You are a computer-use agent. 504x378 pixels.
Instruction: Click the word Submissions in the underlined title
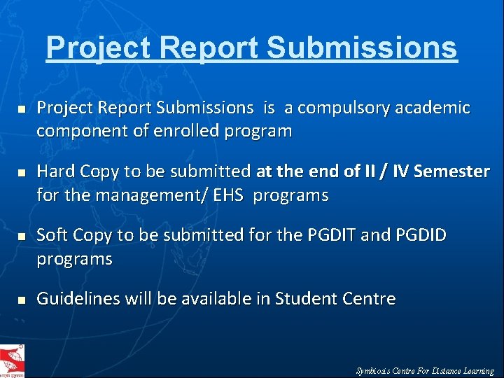(x=362, y=48)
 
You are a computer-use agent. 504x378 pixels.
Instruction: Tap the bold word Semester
(x=452, y=171)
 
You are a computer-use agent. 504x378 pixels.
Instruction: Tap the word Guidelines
(x=78, y=299)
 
